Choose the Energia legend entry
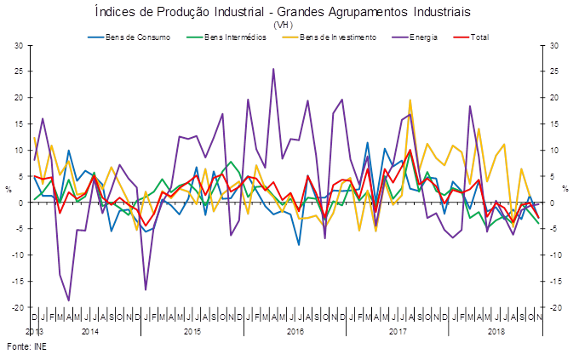pos(425,37)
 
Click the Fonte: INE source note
pos(26,347)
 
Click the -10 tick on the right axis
pos(554,255)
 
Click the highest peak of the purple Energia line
pos(273,70)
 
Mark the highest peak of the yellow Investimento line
pos(410,100)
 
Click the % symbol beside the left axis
pos(9,190)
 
